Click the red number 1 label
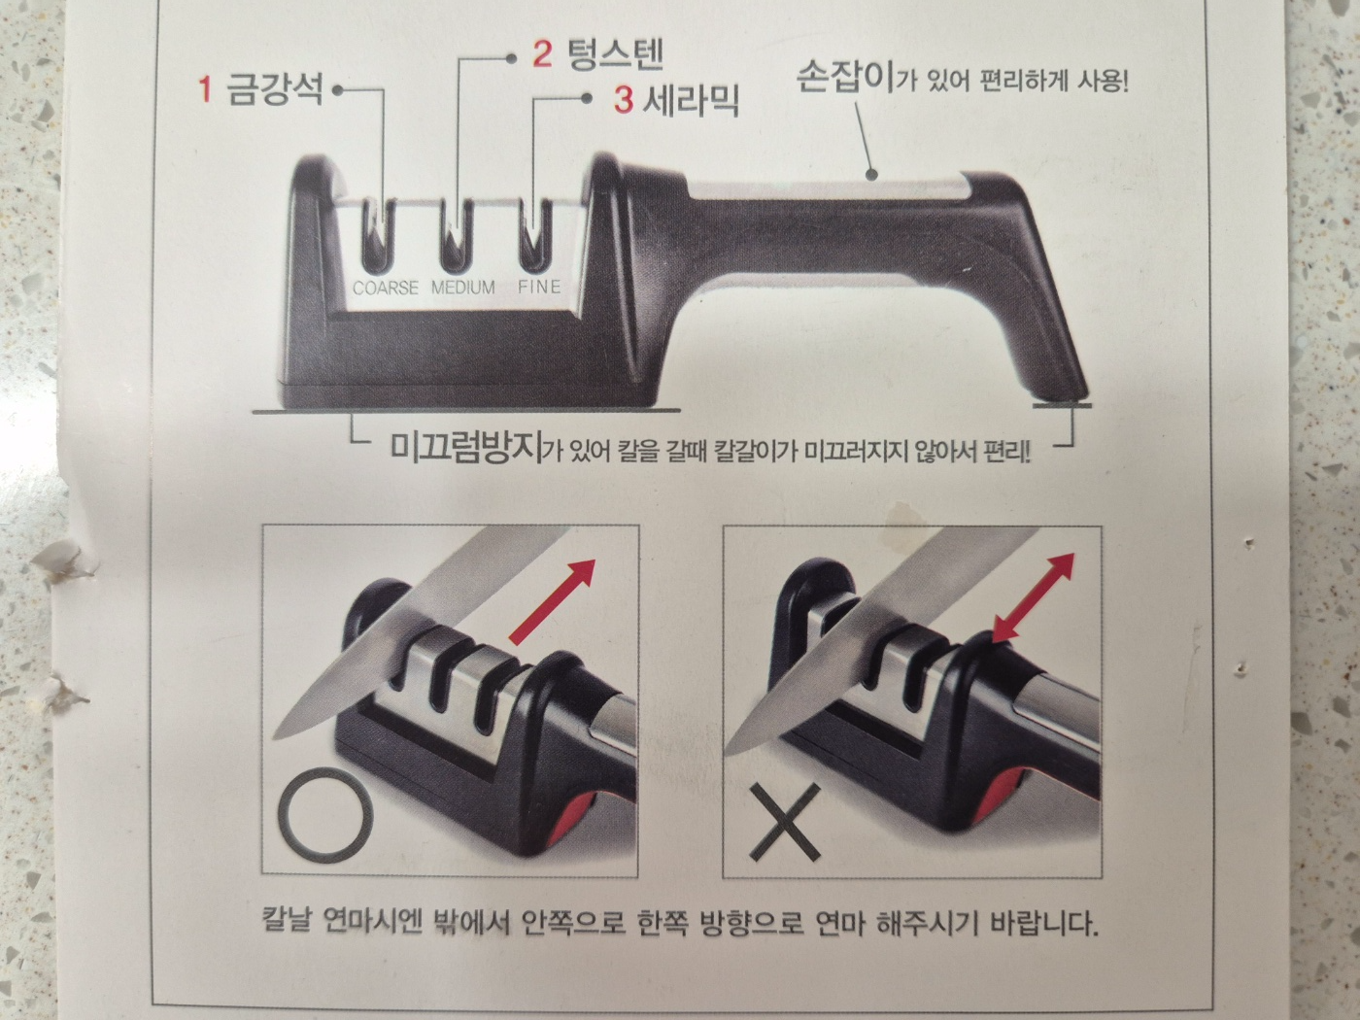click(x=205, y=90)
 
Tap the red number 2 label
click(x=542, y=53)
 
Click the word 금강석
click(x=274, y=90)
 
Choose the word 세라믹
click(x=691, y=98)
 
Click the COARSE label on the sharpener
click(x=386, y=288)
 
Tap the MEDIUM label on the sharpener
click(x=463, y=288)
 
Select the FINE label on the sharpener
click(x=539, y=287)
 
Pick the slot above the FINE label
click(x=530, y=234)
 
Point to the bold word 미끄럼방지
click(x=465, y=449)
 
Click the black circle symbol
click(x=324, y=814)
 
